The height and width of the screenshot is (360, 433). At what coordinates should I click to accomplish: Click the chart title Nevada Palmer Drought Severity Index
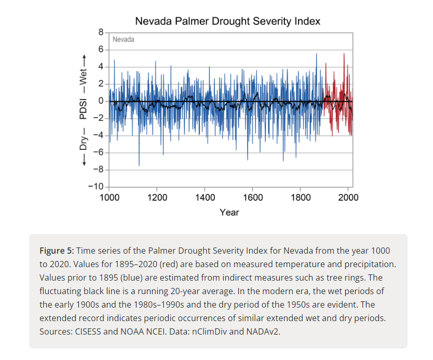(x=227, y=21)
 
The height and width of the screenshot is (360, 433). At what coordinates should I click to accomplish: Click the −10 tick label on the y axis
(x=97, y=187)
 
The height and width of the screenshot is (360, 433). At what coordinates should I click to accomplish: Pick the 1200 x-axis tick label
(x=157, y=198)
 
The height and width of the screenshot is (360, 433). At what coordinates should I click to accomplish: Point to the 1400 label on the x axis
(x=205, y=198)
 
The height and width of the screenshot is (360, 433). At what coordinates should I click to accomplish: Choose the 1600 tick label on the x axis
(x=253, y=198)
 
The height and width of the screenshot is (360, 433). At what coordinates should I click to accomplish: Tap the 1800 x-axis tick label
(x=301, y=198)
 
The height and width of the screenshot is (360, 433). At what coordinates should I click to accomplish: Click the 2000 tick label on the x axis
(x=348, y=198)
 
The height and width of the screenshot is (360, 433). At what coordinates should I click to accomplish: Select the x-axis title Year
(x=229, y=212)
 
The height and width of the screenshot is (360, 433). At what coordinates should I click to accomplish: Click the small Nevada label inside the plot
(x=123, y=39)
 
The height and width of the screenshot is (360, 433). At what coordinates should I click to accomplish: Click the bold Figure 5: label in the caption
(x=58, y=251)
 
